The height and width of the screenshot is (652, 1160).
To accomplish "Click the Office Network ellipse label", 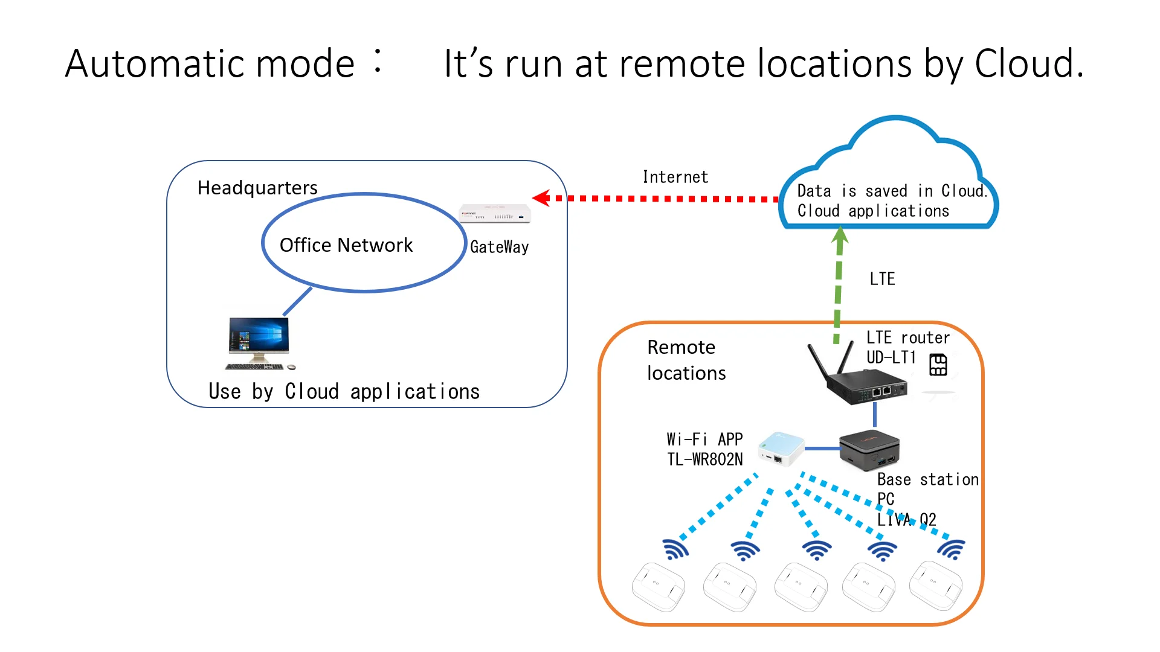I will pyautogui.click(x=346, y=245).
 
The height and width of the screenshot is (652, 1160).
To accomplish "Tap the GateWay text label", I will pyautogui.click(x=499, y=247).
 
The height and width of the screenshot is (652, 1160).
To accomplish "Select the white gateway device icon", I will pyautogui.click(x=495, y=214).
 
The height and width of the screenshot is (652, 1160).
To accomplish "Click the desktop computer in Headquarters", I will pyautogui.click(x=259, y=343).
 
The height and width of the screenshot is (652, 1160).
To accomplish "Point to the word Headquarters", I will pyautogui.click(x=257, y=188).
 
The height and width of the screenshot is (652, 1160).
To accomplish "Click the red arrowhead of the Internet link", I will pyautogui.click(x=541, y=198).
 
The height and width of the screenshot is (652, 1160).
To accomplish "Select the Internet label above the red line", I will pyautogui.click(x=675, y=177).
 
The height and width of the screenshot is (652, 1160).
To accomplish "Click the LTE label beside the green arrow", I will pyautogui.click(x=882, y=279).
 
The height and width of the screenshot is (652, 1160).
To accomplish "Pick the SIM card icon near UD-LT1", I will pyautogui.click(x=938, y=365).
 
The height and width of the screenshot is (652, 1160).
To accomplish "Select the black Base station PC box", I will pyautogui.click(x=870, y=450).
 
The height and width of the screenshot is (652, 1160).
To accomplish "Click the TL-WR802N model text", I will pyautogui.click(x=704, y=459).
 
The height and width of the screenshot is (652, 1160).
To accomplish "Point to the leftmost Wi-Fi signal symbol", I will pyautogui.click(x=675, y=549).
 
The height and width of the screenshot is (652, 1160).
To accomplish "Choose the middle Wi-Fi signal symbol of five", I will pyautogui.click(x=817, y=549).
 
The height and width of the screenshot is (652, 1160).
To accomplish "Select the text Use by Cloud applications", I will pyautogui.click(x=344, y=392).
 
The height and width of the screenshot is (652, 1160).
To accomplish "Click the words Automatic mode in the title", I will pyautogui.click(x=210, y=64).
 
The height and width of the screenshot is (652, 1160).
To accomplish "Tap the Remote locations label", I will pyautogui.click(x=686, y=360).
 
